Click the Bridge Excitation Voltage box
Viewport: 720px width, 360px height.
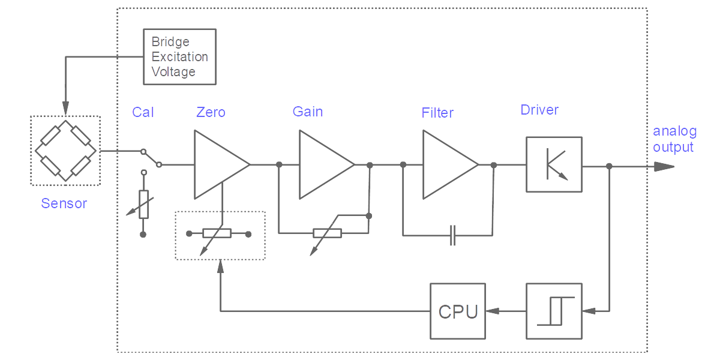[179, 56]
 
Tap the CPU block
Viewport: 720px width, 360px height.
[458, 311]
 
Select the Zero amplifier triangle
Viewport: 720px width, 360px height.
[217, 164]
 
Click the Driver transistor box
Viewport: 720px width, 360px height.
[554, 164]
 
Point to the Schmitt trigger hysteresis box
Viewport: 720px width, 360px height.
[554, 311]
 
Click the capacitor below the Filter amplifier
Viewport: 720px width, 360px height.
[453, 235]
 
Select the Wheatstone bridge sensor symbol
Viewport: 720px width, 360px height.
[65, 151]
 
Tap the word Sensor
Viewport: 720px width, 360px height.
[64, 203]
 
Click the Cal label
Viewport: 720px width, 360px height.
[143, 112]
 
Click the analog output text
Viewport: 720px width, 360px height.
[674, 139]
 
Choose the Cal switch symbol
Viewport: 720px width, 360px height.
[151, 158]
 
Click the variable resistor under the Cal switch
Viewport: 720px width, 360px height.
[143, 204]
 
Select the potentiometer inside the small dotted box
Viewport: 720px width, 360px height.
[217, 233]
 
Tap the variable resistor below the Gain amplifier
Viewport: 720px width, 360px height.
[327, 233]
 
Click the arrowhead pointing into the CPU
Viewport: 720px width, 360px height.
[492, 311]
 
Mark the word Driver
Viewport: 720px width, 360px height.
[539, 110]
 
